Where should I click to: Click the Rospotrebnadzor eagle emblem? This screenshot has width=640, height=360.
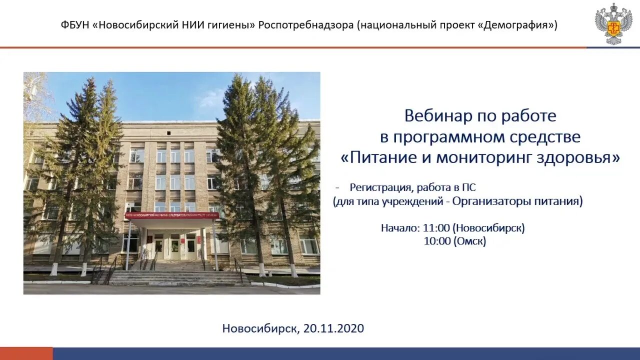click(613, 23)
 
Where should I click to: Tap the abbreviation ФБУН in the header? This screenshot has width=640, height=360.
click(74, 24)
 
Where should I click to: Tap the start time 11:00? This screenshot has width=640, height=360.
click(436, 228)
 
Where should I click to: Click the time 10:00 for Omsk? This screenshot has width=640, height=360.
click(436, 241)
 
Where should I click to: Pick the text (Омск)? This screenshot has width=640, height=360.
click(469, 241)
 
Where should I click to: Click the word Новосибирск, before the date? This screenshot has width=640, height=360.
click(261, 328)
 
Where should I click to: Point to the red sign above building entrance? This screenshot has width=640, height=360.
click(171, 215)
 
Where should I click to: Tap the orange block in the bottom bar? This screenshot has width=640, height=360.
click(26, 353)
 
